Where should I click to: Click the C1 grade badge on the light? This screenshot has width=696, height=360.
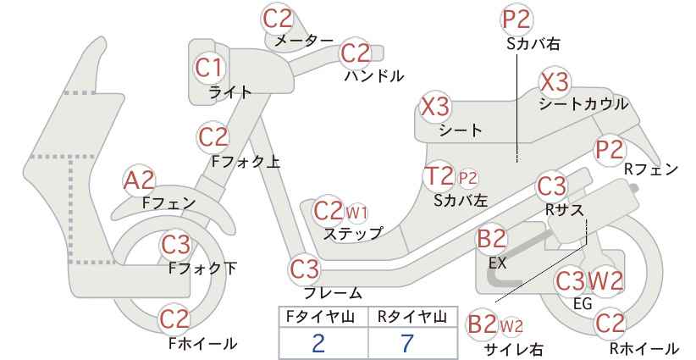tap(209, 69)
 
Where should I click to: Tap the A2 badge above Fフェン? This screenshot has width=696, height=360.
tap(139, 181)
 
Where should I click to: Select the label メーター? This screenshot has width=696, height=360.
tap(304, 41)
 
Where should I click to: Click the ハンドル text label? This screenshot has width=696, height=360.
tap(374, 76)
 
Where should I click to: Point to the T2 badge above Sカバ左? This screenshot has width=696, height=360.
tap(439, 176)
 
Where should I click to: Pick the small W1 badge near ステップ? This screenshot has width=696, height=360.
tap(356, 213)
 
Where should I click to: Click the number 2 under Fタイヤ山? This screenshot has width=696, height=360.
tap(318, 343)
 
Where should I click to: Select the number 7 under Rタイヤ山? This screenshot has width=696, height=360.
tap(406, 343)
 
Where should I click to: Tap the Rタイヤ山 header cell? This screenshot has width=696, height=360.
tap(413, 317)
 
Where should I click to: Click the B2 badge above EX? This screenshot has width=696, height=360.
tap(491, 238)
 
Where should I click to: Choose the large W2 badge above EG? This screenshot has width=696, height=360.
tap(605, 280)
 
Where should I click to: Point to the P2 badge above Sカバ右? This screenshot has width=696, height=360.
tap(517, 19)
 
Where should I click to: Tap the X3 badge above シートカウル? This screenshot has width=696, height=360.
tap(555, 82)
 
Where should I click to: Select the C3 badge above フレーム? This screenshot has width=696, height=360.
tap(305, 269)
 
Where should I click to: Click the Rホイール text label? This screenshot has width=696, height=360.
tap(644, 348)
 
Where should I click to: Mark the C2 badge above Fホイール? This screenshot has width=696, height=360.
tap(174, 319)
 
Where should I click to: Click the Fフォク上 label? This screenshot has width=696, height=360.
tap(246, 162)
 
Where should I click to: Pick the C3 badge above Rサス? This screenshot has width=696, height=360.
tap(552, 187)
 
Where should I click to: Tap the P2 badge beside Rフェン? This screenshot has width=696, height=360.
tap(610, 150)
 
